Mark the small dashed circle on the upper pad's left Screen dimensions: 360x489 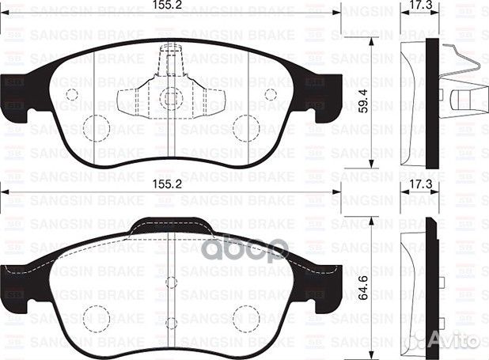72,94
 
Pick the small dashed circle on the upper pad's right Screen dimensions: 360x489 271,94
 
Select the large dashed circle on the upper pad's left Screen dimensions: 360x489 96,127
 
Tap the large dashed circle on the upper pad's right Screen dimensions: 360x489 247,127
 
